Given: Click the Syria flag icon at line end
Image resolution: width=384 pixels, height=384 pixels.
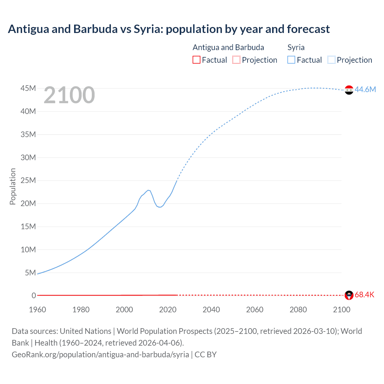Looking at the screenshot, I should [349, 90].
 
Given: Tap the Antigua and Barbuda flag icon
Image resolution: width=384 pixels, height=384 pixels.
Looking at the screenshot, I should [349, 295].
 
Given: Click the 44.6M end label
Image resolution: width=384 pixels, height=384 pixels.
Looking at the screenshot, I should [365, 89].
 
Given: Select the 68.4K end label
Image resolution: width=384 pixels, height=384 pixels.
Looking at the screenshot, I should [364, 295].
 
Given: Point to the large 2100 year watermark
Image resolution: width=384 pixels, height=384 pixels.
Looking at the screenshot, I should [69, 95].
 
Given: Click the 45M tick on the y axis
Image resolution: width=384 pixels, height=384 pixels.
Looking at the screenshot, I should [28, 88].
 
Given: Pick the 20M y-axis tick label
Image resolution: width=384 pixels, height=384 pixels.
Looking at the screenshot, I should [28, 203].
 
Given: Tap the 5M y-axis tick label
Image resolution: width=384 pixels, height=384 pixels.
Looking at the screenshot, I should [30, 273].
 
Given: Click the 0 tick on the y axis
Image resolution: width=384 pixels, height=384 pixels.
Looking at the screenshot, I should [34, 295].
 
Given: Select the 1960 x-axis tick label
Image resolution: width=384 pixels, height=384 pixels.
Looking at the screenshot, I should [37, 310].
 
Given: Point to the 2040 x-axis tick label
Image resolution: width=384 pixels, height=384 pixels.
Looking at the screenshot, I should [211, 310].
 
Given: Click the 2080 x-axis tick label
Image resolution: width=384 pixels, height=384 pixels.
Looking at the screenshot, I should [298, 310].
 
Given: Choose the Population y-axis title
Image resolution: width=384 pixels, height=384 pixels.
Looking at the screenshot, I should [13, 186].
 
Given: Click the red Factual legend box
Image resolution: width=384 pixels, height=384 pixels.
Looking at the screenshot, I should [196, 60].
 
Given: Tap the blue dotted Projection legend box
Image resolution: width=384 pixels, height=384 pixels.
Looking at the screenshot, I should [331, 60].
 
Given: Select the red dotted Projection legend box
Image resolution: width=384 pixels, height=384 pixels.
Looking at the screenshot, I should [236, 60].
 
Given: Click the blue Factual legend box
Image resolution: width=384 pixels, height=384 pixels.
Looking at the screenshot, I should [291, 60].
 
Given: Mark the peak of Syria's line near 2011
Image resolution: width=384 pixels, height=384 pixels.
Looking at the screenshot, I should [148, 190].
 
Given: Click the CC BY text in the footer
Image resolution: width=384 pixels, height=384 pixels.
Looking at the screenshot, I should [205, 355].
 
